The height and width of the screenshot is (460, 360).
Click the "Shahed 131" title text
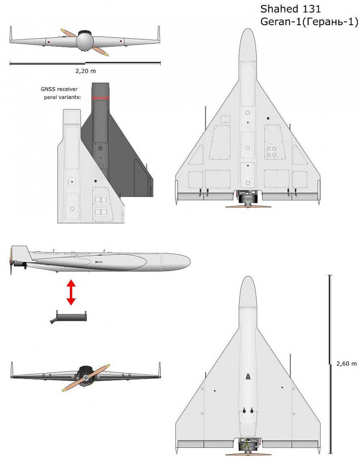click(290, 9)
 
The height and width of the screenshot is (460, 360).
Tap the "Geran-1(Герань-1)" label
click(309, 22)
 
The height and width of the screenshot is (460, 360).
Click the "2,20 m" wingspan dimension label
click(85, 71)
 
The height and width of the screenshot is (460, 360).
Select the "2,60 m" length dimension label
click(346, 364)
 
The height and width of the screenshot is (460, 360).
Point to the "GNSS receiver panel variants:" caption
click(60, 93)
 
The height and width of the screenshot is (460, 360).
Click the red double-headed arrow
click(71, 293)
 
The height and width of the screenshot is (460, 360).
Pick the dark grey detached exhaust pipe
click(68, 317)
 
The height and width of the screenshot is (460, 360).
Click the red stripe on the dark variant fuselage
click(100, 98)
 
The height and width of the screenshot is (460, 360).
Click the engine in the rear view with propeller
click(85, 376)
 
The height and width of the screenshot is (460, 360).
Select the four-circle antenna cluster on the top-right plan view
click(271, 152)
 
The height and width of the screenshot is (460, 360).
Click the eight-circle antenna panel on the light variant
click(101, 205)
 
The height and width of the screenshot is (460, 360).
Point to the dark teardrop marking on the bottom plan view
click(248, 376)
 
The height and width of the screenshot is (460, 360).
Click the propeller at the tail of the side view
click(11, 261)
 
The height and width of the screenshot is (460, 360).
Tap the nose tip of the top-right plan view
click(248, 29)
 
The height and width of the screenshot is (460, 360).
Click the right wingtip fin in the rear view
click(160, 370)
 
